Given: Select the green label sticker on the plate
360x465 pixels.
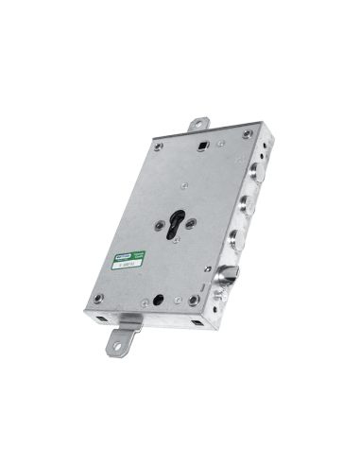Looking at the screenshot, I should [x=124, y=261].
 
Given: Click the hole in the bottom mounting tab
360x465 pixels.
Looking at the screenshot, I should [x=120, y=344].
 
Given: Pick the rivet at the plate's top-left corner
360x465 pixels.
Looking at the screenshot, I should [x=158, y=146].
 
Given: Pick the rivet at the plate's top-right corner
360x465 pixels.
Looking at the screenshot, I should [x=247, y=135].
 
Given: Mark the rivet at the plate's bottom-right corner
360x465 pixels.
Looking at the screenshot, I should [x=194, y=301].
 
